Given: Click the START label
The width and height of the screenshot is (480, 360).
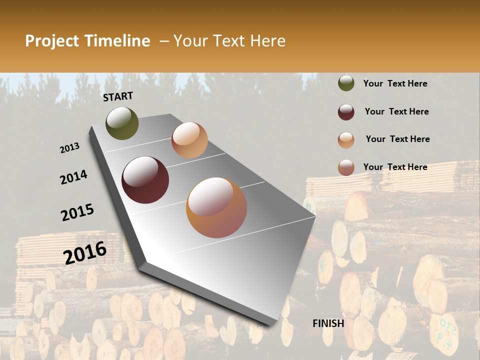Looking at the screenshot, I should coord(118,96).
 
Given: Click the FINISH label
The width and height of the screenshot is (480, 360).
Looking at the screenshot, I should coord(328,323).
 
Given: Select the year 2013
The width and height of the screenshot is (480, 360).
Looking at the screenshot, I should coord(70,147).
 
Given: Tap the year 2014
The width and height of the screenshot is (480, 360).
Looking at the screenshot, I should coord(73,177).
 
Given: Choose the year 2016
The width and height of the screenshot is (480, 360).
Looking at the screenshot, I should coord(85,252).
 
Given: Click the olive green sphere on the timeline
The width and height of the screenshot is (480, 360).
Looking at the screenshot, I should coord(122,123).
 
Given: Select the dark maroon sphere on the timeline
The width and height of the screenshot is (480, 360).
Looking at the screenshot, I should coord(145,180).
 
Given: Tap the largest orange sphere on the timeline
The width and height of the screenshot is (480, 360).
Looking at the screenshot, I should coord(216,207).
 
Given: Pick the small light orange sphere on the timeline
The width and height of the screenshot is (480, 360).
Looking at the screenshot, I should coord(189,140).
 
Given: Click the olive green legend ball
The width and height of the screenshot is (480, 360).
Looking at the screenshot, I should coord(346,83).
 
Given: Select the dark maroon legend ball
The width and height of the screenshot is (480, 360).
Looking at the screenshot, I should coord(346,112).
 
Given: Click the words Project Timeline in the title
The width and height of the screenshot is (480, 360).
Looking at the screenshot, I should coord(87,41).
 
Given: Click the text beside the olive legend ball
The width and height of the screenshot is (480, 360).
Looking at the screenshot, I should coord(395,83).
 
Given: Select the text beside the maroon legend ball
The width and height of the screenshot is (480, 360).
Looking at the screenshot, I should coord(396,111).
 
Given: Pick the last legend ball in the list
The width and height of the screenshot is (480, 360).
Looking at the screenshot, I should coord(346,167).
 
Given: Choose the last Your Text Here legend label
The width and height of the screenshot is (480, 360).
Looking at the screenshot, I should coord(395,167).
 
